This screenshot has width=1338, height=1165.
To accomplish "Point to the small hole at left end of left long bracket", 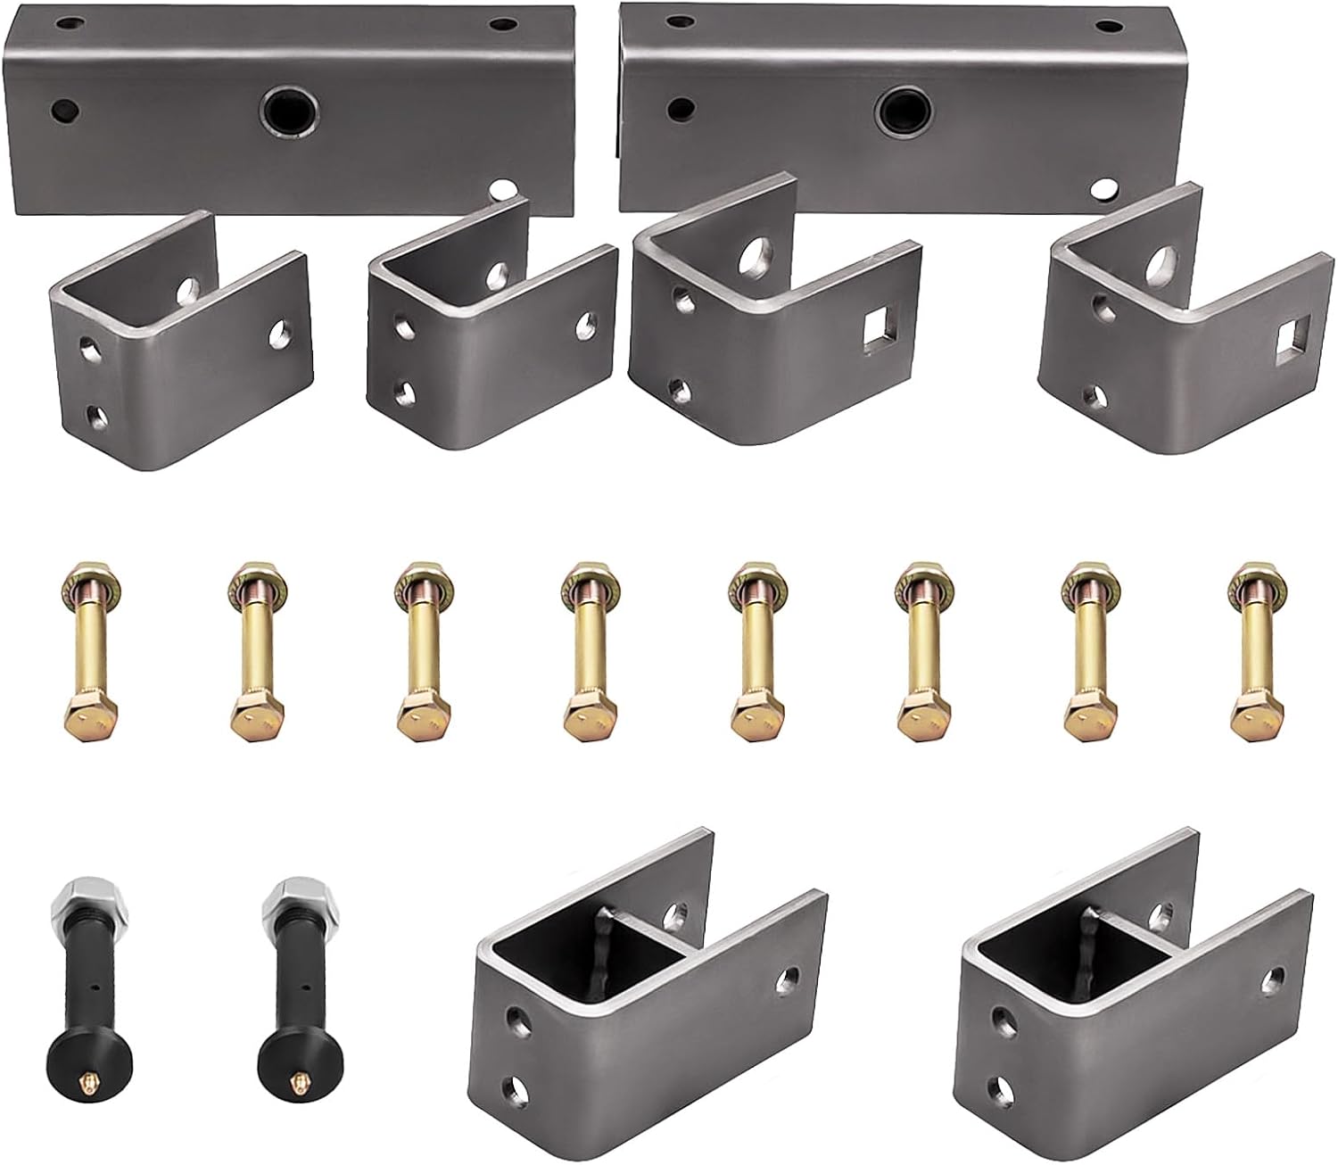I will point(65,111).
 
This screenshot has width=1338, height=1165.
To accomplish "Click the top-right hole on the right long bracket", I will point(1110,27).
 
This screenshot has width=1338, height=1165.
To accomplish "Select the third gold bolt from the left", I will point(419,651).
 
